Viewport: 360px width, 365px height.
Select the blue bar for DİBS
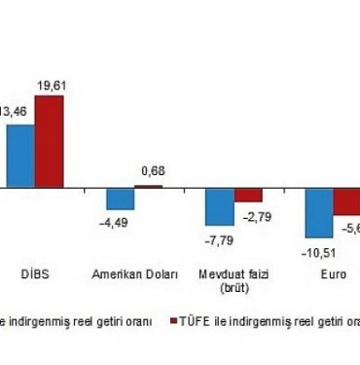(x=20, y=155)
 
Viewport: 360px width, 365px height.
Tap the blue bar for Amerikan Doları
(x=121, y=198)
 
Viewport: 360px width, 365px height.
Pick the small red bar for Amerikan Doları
(x=148, y=185)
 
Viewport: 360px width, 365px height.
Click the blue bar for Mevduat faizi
(x=220, y=206)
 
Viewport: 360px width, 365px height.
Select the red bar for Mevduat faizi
(x=248, y=194)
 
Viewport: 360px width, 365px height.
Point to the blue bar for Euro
(x=319, y=211)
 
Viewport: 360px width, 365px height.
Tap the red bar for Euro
(x=346, y=201)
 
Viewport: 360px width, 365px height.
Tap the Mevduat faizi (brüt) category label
(x=234, y=281)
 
